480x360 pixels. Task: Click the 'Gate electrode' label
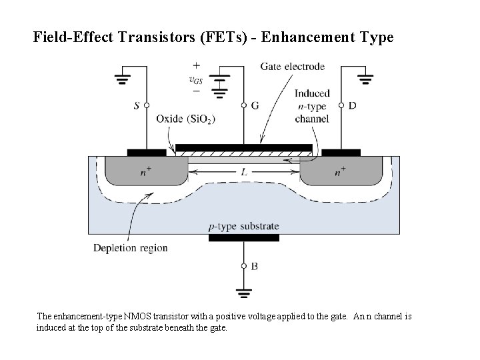(x=292, y=67)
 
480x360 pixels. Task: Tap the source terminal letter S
(x=137, y=105)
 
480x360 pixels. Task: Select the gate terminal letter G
(x=255, y=105)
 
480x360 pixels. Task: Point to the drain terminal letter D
(x=352, y=105)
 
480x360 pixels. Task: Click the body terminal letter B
(x=254, y=266)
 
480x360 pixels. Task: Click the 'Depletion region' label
(x=131, y=248)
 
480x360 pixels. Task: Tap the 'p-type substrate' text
(x=243, y=227)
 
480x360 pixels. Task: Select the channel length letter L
(x=244, y=172)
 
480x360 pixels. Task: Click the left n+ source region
(x=145, y=172)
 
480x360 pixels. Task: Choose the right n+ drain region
(x=340, y=172)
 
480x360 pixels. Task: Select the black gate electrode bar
(x=244, y=147)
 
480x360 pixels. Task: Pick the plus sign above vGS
(x=196, y=66)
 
